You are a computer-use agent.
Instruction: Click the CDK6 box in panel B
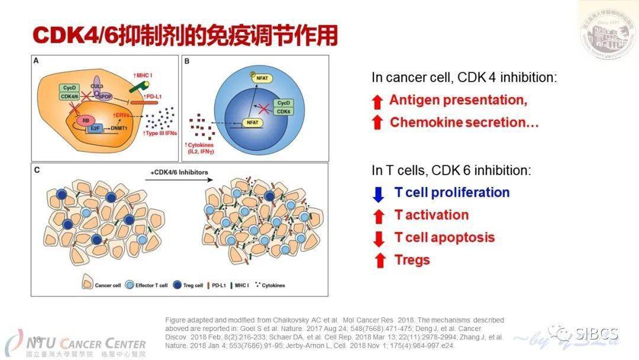pos(285,111)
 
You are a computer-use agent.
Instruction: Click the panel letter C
pos(37,171)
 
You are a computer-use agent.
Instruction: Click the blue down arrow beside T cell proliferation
pos(379,194)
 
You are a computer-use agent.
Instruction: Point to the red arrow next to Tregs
pos(379,261)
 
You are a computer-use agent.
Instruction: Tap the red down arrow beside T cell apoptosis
pos(379,239)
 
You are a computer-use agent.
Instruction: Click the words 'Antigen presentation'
pos(458,100)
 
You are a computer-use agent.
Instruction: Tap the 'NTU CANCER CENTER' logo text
pos(83,343)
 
